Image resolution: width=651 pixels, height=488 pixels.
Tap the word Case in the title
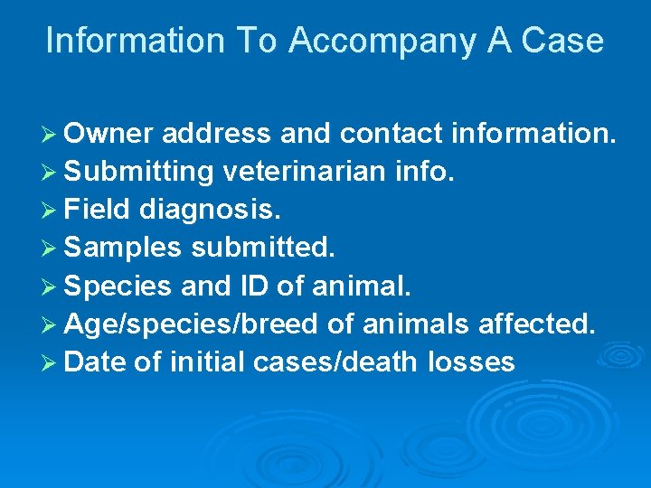pyautogui.click(x=563, y=42)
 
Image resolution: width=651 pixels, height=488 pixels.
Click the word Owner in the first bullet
pyautogui.click(x=110, y=134)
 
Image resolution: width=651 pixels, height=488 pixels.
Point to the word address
pyautogui.click(x=217, y=134)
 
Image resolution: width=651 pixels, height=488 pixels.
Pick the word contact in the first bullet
pyautogui.click(x=392, y=134)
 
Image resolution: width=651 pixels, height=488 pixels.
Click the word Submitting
pyautogui.click(x=139, y=172)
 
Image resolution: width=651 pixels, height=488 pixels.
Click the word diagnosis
pyautogui.click(x=211, y=211)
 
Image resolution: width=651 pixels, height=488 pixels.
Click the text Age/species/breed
pyautogui.click(x=179, y=325)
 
